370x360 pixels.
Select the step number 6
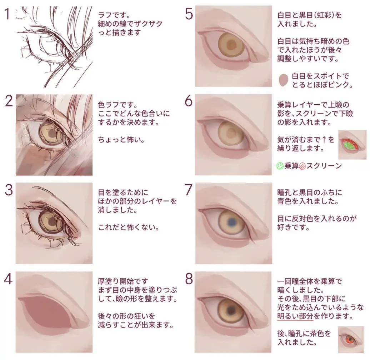click(x=189, y=101)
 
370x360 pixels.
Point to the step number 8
click(x=189, y=279)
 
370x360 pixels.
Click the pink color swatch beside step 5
click(x=284, y=80)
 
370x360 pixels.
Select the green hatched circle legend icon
click(x=280, y=166)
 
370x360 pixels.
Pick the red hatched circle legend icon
click(x=302, y=166)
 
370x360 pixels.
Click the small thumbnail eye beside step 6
click(x=352, y=145)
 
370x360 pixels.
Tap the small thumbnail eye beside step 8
click(x=351, y=340)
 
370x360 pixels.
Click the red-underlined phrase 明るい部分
click(x=295, y=316)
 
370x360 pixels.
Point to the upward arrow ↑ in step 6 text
click(x=324, y=140)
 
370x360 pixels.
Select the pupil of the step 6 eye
click(x=232, y=133)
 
